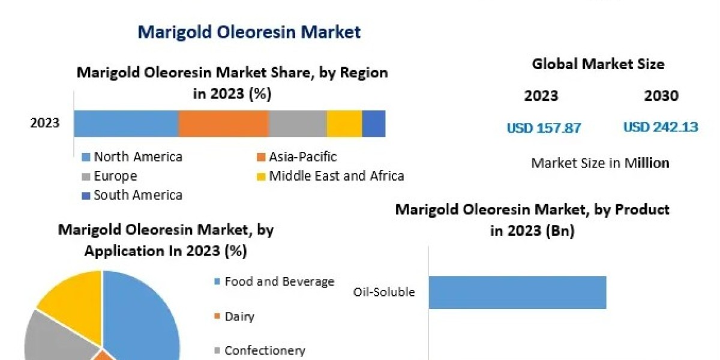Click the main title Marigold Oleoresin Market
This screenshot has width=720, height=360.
click(x=249, y=32)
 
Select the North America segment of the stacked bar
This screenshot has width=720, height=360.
click(x=126, y=124)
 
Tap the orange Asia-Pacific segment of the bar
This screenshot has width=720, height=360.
click(x=223, y=124)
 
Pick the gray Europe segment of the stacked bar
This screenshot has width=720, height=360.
click(x=297, y=124)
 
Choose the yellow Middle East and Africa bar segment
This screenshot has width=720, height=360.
click(x=344, y=124)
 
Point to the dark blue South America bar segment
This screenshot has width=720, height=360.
click(x=374, y=124)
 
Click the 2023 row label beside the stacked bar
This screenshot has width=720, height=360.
click(x=45, y=124)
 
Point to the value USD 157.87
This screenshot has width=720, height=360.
click(x=544, y=128)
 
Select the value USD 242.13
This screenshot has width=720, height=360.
click(x=660, y=127)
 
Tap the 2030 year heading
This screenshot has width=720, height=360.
click(x=661, y=96)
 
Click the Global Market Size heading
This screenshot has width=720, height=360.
click(x=598, y=64)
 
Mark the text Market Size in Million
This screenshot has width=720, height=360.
click(x=600, y=163)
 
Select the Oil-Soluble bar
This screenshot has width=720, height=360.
click(x=517, y=292)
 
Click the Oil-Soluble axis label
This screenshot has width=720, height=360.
click(x=384, y=293)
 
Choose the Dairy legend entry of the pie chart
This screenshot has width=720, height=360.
click(x=239, y=316)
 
